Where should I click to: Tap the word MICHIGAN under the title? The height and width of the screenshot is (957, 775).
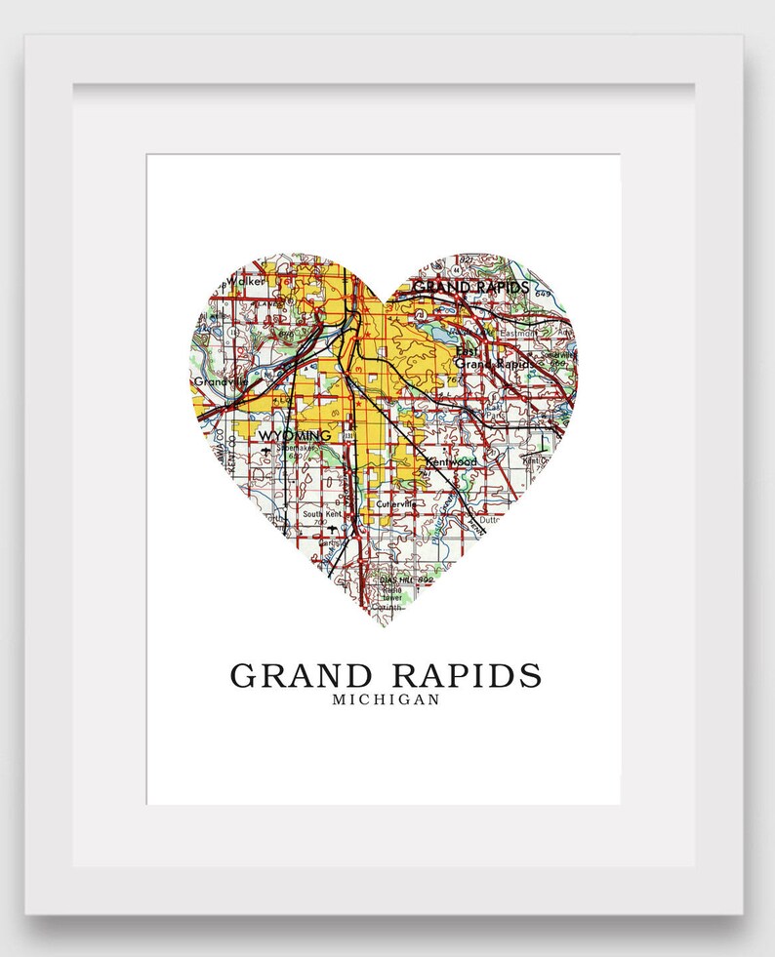pyautogui.click(x=386, y=699)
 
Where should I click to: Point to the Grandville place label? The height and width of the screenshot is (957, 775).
pyautogui.click(x=215, y=381)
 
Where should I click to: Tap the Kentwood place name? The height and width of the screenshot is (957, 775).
pyautogui.click(x=451, y=459)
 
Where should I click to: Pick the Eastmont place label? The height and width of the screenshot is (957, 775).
pyautogui.click(x=516, y=334)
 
